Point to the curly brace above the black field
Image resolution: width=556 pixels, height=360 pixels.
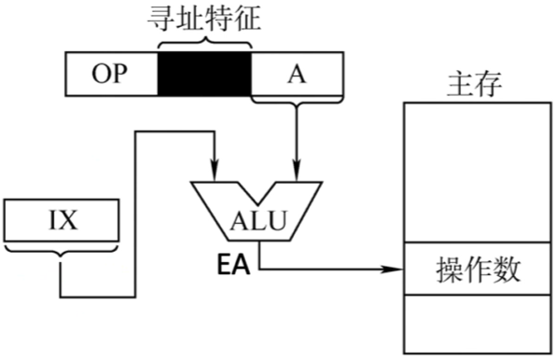204,41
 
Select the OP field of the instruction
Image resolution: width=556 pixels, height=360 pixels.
110,75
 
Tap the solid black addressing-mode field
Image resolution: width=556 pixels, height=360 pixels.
204,75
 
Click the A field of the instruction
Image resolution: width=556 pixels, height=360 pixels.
297,75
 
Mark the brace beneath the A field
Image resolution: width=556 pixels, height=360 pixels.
297,104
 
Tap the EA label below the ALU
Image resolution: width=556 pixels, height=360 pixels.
235,265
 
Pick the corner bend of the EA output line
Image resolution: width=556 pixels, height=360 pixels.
259,271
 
